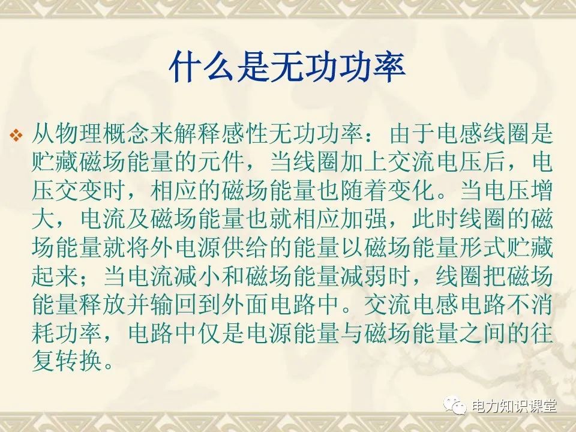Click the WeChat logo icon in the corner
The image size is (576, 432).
coord(457,406)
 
